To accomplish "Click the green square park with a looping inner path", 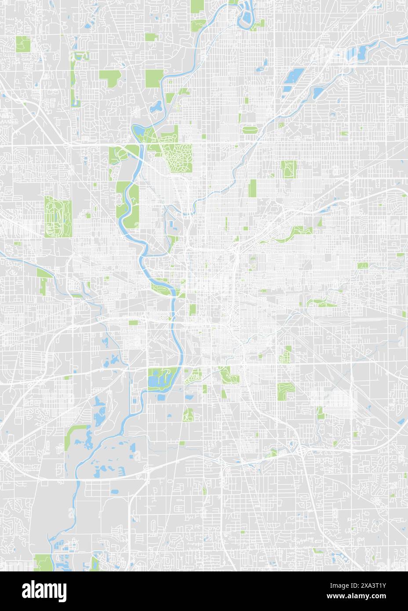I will point(288,168).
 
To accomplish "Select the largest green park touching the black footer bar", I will point(43,563).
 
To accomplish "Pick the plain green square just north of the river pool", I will point(153,78).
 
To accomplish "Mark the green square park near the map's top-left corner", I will point(23,44).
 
